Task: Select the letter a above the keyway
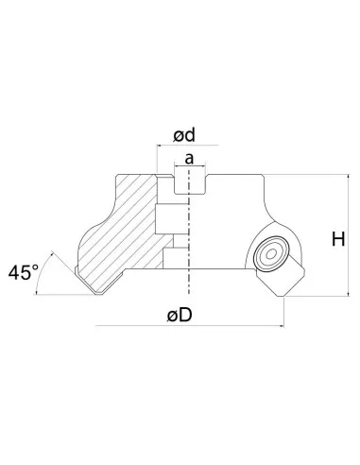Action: pyautogui.click(x=190, y=160)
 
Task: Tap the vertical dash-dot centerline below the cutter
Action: pyautogui.click(x=190, y=302)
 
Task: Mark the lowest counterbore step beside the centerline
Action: pyautogui.click(x=176, y=258)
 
